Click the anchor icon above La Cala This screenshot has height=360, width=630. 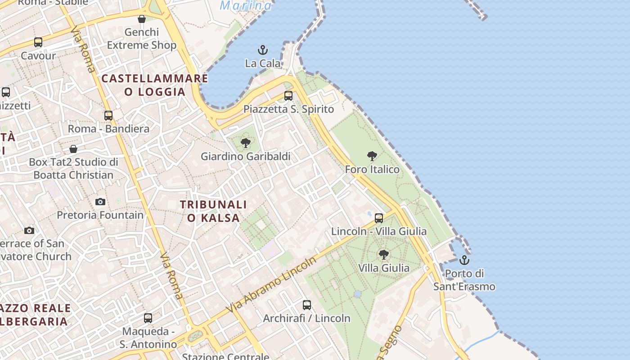click(263, 49)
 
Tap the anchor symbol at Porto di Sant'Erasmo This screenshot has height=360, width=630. click(464, 260)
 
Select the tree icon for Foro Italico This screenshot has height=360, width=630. click(372, 156)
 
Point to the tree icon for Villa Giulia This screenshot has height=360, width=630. click(384, 255)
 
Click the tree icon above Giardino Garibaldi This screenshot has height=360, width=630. click(246, 143)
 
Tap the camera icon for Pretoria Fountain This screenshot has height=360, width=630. click(100, 202)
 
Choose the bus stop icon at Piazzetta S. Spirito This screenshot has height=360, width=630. click(288, 96)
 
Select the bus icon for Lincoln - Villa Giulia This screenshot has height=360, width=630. click(379, 218)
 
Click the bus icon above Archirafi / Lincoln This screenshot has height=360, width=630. click(307, 305)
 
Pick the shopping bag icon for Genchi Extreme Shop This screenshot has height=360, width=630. click(142, 19)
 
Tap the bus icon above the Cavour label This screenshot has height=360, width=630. click(38, 42)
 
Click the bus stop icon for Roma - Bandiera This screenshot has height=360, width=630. click(108, 116)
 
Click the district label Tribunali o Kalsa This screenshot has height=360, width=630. click(213, 211)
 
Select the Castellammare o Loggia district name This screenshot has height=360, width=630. click(155, 85)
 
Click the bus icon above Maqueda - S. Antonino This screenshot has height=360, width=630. click(148, 318)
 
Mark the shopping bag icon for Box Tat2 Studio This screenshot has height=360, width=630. click(73, 149)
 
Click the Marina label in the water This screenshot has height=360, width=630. click(246, 5)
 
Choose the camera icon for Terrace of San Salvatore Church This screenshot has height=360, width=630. click(29, 230)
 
